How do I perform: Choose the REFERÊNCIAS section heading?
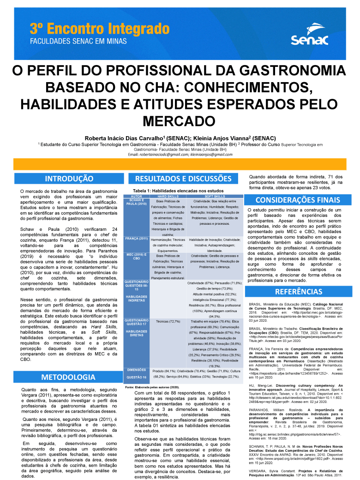pos(298,292)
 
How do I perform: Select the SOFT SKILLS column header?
pos(215,197)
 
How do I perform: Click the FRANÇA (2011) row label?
pos(137,239)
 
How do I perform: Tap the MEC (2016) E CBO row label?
pos(137,257)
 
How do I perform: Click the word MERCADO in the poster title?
pos(180,120)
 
